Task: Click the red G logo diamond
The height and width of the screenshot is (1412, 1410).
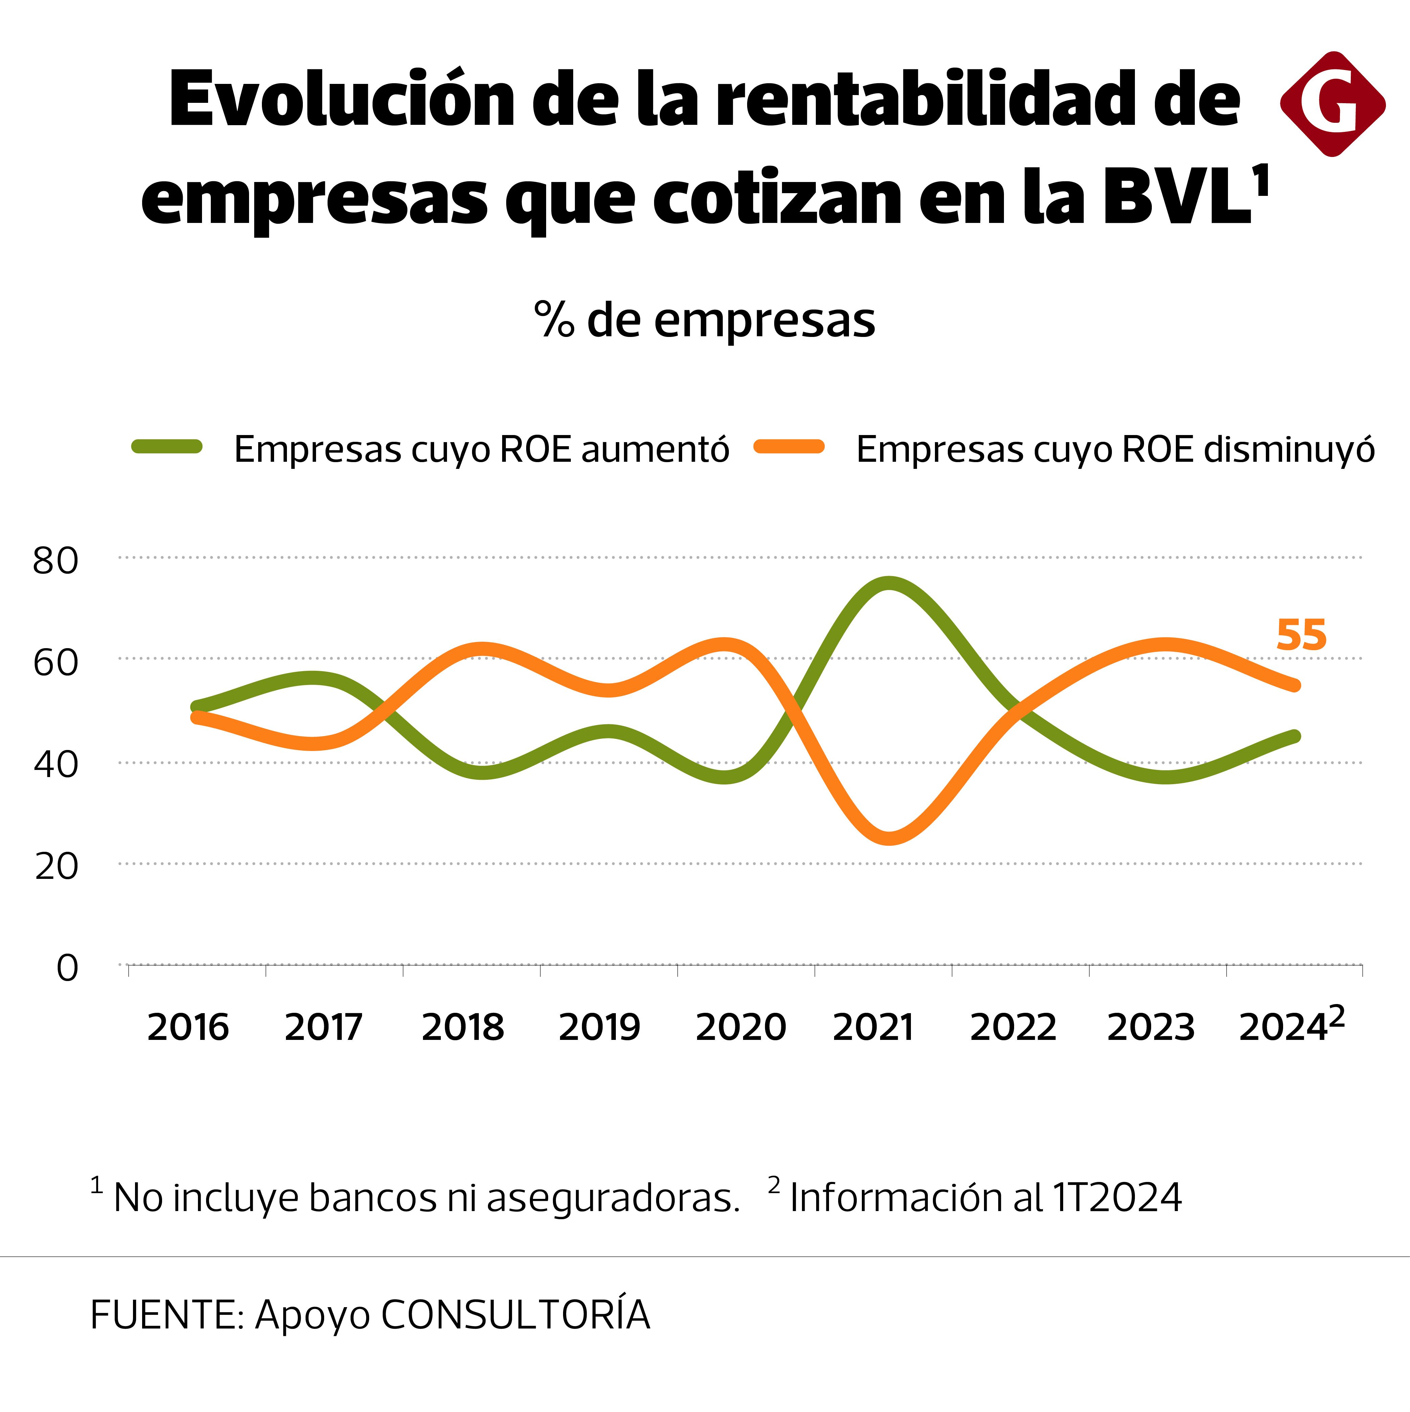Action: (x=1333, y=104)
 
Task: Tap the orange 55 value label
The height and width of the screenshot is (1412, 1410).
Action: (x=1301, y=635)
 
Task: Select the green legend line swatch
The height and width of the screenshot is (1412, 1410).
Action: (x=167, y=447)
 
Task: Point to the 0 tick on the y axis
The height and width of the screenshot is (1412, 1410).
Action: (x=67, y=969)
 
